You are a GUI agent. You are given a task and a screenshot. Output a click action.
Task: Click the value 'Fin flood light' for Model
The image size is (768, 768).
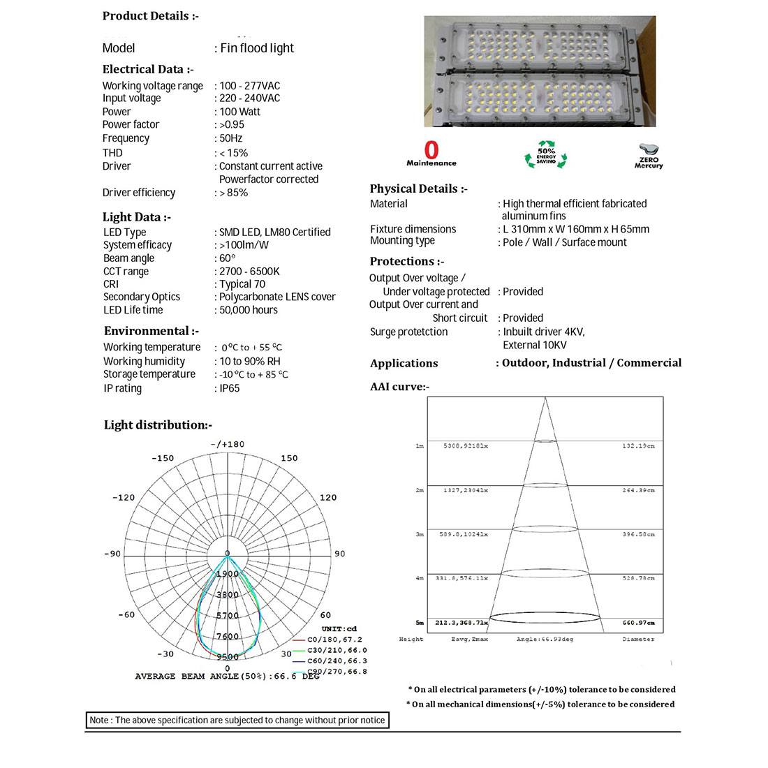click(257, 48)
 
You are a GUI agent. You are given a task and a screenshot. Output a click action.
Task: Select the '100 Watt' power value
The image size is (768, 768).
click(239, 112)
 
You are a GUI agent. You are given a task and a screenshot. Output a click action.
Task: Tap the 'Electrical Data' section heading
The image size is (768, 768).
click(148, 69)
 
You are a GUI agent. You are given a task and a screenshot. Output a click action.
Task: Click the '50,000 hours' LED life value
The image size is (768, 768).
click(249, 310)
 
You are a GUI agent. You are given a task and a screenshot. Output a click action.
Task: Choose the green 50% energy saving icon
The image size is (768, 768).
click(546, 155)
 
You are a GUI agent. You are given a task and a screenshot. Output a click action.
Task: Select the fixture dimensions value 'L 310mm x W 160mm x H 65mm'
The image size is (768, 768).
click(576, 229)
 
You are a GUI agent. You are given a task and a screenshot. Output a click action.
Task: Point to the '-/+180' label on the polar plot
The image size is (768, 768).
click(228, 444)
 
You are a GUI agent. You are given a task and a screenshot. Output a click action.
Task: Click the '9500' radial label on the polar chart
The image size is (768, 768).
click(228, 657)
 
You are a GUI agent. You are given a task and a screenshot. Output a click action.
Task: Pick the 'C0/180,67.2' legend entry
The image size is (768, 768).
click(335, 640)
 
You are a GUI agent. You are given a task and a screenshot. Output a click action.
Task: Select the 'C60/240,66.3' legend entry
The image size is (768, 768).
click(337, 660)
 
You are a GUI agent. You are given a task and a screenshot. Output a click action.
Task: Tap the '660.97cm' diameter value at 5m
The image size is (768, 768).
click(638, 622)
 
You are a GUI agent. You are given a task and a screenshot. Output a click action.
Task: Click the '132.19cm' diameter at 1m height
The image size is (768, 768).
click(638, 445)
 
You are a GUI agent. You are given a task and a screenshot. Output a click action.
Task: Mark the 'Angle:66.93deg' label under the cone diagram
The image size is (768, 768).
click(545, 639)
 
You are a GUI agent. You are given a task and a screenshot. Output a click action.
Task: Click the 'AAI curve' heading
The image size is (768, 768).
click(399, 387)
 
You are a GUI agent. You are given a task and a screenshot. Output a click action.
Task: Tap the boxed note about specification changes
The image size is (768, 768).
click(237, 720)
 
